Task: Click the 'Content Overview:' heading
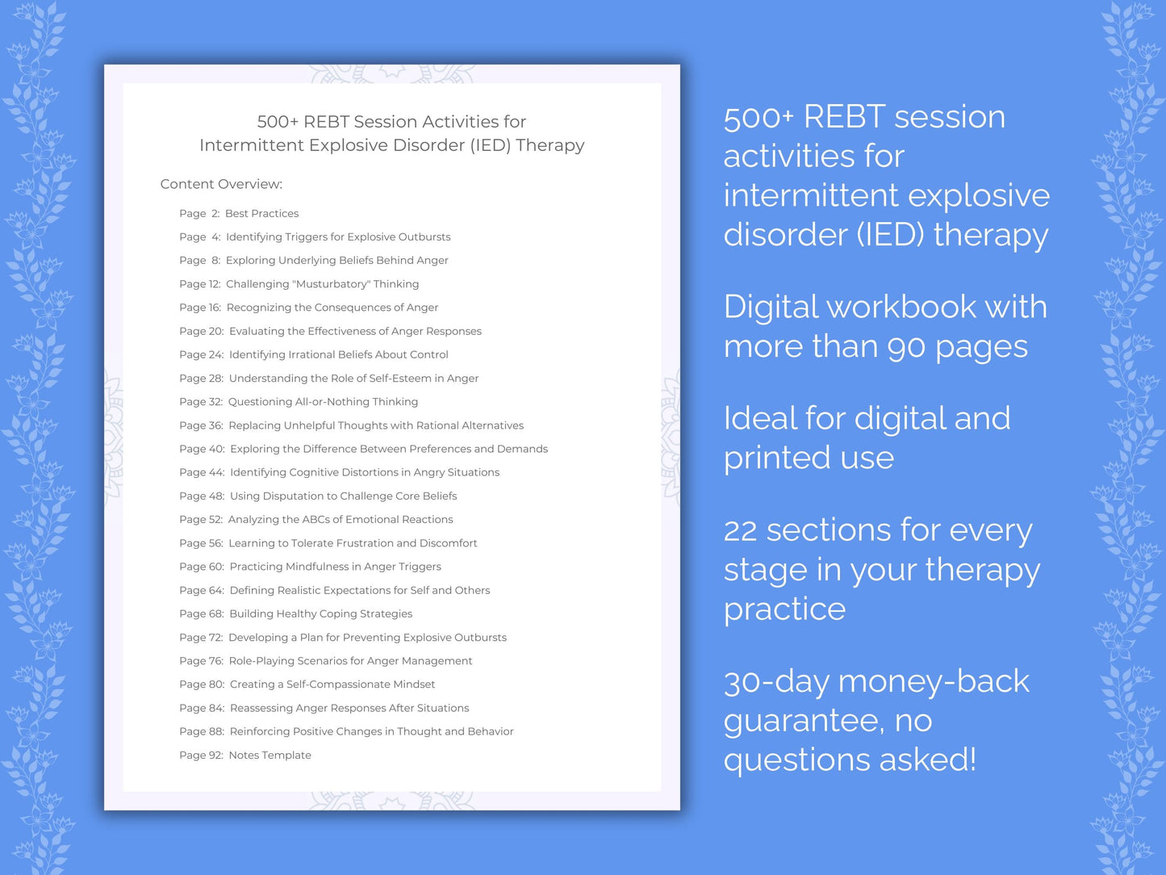tap(221, 184)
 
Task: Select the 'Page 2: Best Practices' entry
tap(239, 213)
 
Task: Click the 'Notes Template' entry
tap(270, 756)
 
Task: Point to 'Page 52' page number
tap(200, 520)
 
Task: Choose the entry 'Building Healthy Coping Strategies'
tap(320, 614)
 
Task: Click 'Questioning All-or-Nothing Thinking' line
tap(323, 402)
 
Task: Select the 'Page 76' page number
tap(200, 661)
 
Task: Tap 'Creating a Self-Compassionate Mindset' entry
tap(332, 685)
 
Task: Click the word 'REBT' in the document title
tap(326, 122)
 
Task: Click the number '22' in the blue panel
tap(740, 531)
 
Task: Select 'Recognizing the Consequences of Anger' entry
tap(332, 308)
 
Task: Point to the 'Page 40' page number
tap(201, 449)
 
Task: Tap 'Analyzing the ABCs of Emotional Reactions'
tap(340, 520)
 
